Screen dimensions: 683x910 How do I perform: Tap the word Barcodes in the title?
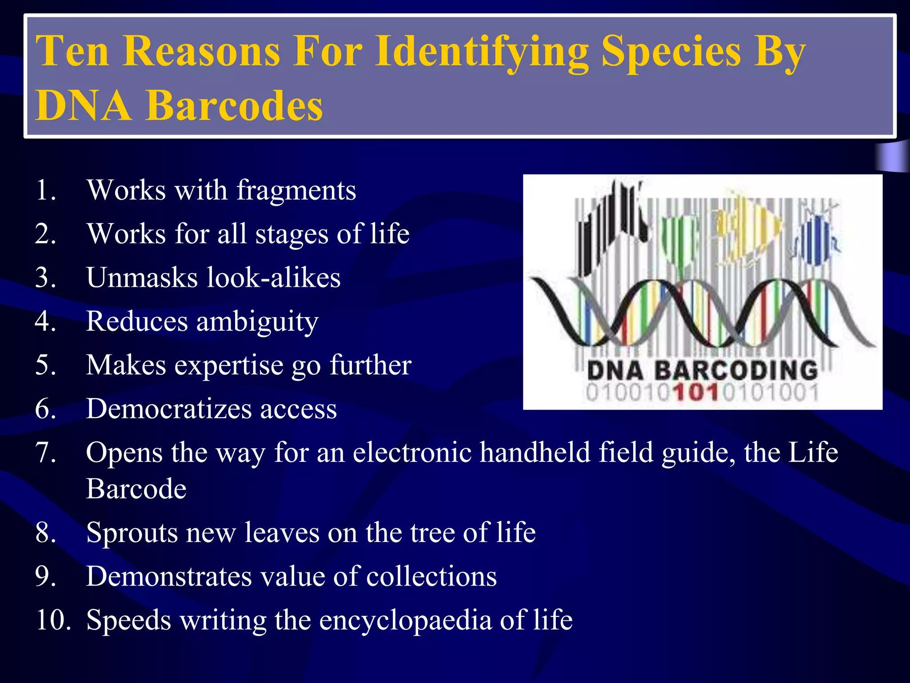pos(234,106)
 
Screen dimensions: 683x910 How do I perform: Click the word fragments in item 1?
pos(296,190)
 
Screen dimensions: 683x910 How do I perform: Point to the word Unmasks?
pos(141,277)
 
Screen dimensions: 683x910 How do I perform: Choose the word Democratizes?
pos(169,409)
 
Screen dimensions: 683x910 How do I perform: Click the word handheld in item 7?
pos(535,452)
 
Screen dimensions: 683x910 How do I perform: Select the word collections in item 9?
pos(431,576)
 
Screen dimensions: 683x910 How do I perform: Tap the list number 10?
pos(52,620)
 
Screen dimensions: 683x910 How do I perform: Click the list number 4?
pos(45,321)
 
